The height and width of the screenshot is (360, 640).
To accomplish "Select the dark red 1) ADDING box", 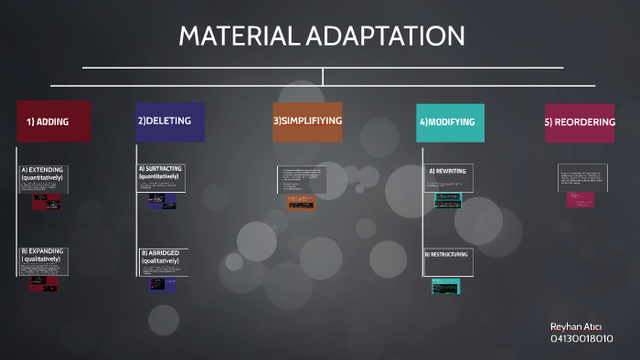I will pos(53,122).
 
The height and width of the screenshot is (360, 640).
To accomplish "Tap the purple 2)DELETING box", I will pos(169,122).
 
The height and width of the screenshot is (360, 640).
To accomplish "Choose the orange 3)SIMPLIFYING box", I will pos(307,122).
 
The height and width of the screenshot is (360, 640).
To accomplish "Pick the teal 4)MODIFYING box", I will pos(449,122).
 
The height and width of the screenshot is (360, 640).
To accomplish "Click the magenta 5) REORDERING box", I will pos(579,122).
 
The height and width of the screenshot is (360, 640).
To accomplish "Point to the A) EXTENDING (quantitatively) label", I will pos(41,173).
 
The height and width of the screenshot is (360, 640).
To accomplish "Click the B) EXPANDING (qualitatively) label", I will pos(41,255).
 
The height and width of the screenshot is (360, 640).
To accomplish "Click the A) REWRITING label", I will pos(448,171).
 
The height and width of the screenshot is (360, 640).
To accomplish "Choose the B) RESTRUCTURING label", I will pos(446,254).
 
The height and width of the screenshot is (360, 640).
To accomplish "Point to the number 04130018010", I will pos(581,339).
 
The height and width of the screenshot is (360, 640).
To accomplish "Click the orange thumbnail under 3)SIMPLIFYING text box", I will pos(301,205).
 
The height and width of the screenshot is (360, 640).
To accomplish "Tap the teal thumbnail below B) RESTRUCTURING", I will pos(445,286).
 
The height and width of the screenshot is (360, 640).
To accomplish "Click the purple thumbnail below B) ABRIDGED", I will pos(156,284).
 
